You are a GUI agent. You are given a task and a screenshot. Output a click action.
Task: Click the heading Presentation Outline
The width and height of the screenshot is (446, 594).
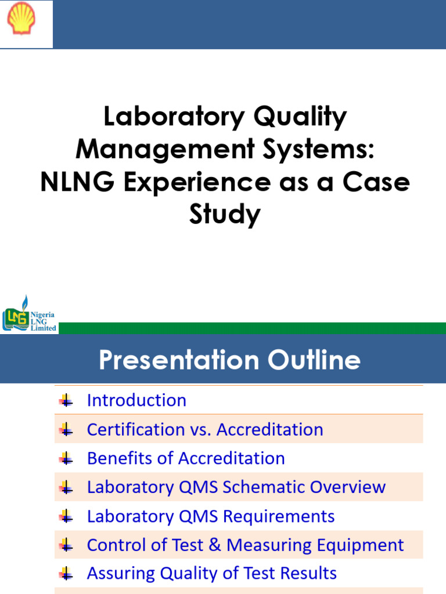point(229,360)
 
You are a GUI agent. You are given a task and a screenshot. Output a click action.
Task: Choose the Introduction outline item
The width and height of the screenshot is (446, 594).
point(136,400)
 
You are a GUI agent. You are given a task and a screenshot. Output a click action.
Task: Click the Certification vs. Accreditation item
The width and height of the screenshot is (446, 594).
point(205,429)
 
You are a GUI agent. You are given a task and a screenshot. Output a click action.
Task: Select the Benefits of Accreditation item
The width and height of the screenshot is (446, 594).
point(186,458)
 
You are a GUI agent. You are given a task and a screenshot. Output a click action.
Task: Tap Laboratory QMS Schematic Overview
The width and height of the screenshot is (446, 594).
point(236,487)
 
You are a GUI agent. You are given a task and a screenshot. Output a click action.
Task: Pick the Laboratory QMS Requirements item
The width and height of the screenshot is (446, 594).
point(211,516)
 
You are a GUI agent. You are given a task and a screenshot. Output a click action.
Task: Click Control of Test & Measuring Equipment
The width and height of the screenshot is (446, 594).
point(245,545)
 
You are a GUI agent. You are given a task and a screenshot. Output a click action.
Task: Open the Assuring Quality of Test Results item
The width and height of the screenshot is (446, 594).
point(211,573)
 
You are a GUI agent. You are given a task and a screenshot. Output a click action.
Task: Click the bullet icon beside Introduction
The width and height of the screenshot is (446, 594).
point(66,400)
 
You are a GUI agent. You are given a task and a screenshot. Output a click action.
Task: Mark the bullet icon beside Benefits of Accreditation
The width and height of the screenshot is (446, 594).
point(66,458)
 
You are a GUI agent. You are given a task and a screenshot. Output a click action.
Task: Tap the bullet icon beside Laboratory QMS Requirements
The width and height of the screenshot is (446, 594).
point(66,516)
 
